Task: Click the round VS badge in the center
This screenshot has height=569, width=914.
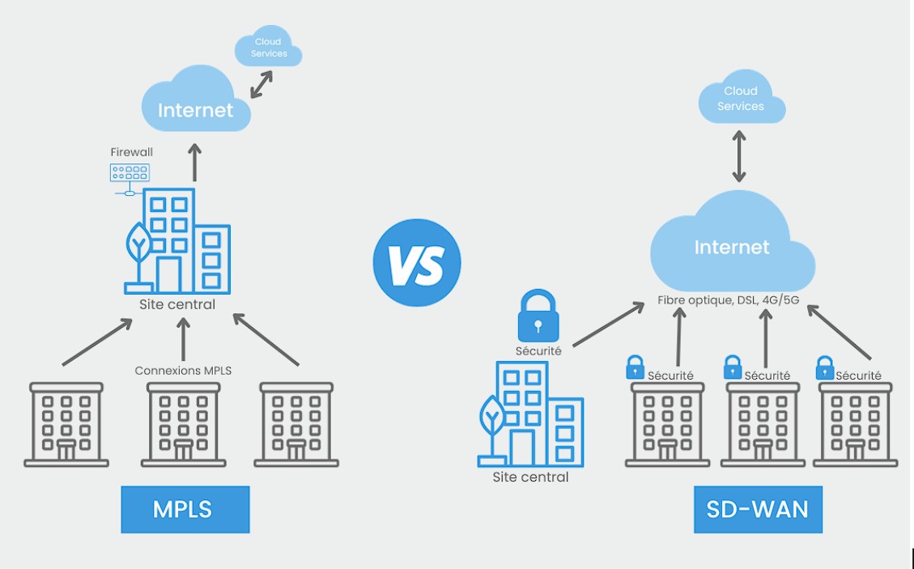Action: click(417, 263)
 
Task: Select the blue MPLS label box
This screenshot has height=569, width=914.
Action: click(185, 509)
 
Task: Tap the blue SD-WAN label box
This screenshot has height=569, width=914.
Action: click(757, 509)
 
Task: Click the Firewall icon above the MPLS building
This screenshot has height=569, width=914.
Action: click(130, 174)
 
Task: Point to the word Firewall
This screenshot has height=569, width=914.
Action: click(131, 152)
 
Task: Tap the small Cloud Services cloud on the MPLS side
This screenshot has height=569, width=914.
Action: click(268, 48)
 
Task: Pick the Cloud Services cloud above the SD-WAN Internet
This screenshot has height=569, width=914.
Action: click(741, 99)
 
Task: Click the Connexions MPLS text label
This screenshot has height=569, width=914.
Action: click(183, 371)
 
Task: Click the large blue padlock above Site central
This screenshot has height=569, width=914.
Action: click(538, 316)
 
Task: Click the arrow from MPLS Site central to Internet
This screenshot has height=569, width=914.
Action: click(194, 162)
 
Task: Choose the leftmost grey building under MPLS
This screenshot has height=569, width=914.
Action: click(66, 424)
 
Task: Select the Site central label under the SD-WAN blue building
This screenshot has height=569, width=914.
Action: click(530, 478)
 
